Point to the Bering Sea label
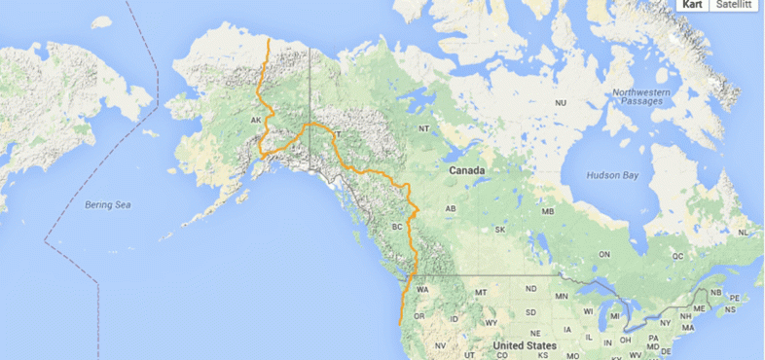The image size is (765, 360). click(x=107, y=205)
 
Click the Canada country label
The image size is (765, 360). click(x=466, y=170)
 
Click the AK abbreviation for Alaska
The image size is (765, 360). click(x=256, y=121)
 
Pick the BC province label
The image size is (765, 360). click(x=397, y=227)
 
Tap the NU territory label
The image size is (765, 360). click(x=561, y=102)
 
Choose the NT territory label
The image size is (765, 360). click(x=423, y=128)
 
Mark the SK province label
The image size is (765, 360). click(x=500, y=230)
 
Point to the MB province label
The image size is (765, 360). click(x=548, y=211)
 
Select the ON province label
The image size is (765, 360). click(x=603, y=254)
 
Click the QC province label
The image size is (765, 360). click(x=678, y=257)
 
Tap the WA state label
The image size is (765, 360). click(x=422, y=290)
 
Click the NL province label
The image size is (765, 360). click(x=744, y=234)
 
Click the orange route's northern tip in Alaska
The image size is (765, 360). click(x=268, y=40)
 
